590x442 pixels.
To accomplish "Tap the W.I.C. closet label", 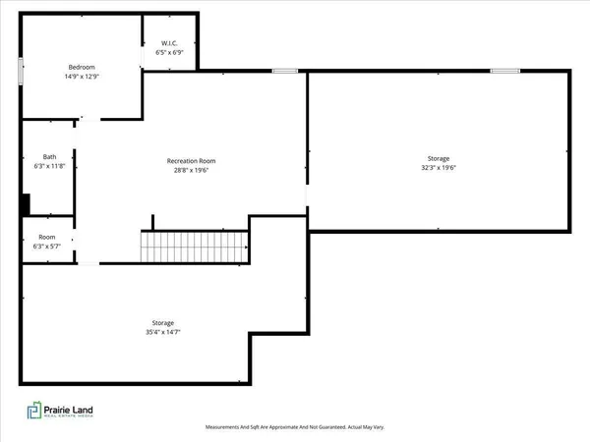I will tap(171, 43).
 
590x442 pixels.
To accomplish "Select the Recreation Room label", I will tap(191, 161).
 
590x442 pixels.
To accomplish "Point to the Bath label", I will tap(49, 157).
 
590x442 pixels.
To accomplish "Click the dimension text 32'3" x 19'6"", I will tap(439, 167).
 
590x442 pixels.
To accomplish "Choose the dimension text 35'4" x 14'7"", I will tap(163, 332).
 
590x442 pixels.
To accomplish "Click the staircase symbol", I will tap(194, 247).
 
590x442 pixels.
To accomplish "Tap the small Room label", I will tap(47, 237).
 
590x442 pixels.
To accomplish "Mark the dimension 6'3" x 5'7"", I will tap(47, 246).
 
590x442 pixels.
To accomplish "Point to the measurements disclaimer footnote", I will tap(294, 427).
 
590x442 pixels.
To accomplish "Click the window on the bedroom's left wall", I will tap(20, 71).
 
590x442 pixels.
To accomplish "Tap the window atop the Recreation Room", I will tap(285, 71).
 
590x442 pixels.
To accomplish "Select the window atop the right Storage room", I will tap(505, 71).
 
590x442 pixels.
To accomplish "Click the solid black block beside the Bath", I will tap(26, 203).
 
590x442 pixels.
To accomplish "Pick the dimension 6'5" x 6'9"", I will tap(171, 52).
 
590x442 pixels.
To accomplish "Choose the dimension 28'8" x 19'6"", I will tap(191, 170).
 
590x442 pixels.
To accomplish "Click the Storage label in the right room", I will tap(439, 158).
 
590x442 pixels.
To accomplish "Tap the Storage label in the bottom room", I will tap(163, 323).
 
